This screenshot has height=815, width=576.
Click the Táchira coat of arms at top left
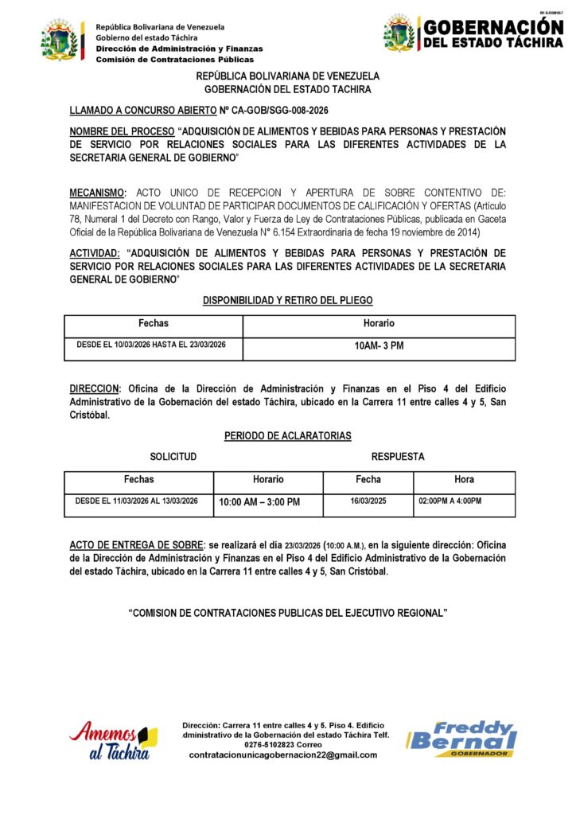[62, 41]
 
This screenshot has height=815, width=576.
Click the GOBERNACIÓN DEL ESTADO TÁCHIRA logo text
[492, 33]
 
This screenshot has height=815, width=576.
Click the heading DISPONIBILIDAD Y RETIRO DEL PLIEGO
[288, 300]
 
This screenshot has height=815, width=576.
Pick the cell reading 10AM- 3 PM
[379, 346]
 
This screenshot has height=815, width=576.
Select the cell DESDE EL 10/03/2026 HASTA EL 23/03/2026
[151, 345]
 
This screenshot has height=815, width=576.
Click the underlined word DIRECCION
[94, 388]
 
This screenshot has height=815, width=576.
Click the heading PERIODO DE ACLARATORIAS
[288, 436]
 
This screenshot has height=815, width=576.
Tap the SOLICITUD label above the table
[173, 457]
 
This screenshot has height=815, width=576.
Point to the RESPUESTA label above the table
[398, 457]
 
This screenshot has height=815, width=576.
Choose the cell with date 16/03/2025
[368, 501]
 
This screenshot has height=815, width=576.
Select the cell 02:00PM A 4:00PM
[450, 501]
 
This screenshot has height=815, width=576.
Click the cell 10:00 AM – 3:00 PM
[259, 502]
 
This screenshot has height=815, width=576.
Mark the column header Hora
[464, 480]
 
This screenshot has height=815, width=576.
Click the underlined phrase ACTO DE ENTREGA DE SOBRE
[136, 544]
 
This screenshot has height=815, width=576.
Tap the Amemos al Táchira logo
[113, 740]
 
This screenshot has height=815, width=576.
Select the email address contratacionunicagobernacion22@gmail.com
[283, 755]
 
